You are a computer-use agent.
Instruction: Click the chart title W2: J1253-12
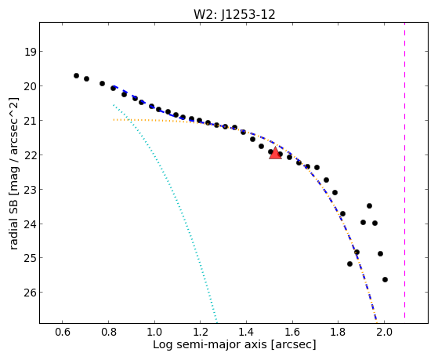pyautogui.click(x=234, y=14)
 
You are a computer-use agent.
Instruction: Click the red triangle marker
pyautogui.click(x=275, y=153)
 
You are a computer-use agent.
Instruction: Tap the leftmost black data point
pyautogui.click(x=76, y=75)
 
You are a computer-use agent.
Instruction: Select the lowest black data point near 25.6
pyautogui.click(x=385, y=279)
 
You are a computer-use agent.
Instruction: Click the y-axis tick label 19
pyautogui.click(x=31, y=52)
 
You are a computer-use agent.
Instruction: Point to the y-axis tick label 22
pyautogui.click(x=31, y=155)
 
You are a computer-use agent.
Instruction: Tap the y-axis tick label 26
pyautogui.click(x=31, y=293)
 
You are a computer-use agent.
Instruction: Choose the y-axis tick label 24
pyautogui.click(x=31, y=224)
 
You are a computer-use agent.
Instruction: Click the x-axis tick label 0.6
pyautogui.click(x=63, y=332)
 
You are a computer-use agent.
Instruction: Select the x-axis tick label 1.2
pyautogui.click(x=201, y=332)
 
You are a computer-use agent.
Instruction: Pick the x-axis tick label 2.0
pyautogui.click(x=385, y=332)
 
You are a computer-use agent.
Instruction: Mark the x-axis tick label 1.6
pyautogui.click(x=292, y=332)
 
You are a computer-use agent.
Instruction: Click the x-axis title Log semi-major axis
pyautogui.click(x=210, y=344)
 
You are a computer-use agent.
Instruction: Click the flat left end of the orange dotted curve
pyautogui.click(x=114, y=120)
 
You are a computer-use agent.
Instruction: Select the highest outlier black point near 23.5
pyautogui.click(x=369, y=205)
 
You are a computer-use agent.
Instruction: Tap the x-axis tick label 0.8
pyautogui.click(x=109, y=332)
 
